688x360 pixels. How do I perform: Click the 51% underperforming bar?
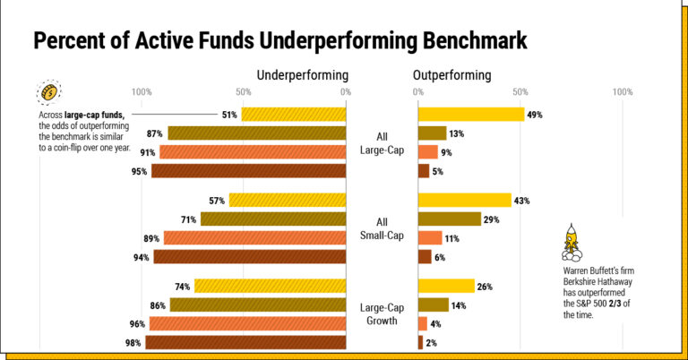(x=293, y=115)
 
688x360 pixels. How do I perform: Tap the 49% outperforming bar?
(x=470, y=115)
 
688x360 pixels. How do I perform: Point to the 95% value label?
(x=139, y=171)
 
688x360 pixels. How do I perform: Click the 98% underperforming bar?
(x=245, y=342)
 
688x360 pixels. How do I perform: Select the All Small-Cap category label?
(x=383, y=228)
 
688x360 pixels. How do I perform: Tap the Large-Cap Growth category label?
(x=383, y=314)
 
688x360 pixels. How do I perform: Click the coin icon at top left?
(x=47, y=92)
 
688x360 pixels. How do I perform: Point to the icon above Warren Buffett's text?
(x=570, y=240)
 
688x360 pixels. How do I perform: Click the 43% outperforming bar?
(x=464, y=201)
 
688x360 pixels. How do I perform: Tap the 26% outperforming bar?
(x=446, y=287)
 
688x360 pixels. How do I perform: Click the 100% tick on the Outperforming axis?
(x=623, y=92)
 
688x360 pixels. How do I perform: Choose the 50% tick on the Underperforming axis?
(x=243, y=92)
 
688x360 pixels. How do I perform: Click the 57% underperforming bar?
(x=287, y=201)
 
